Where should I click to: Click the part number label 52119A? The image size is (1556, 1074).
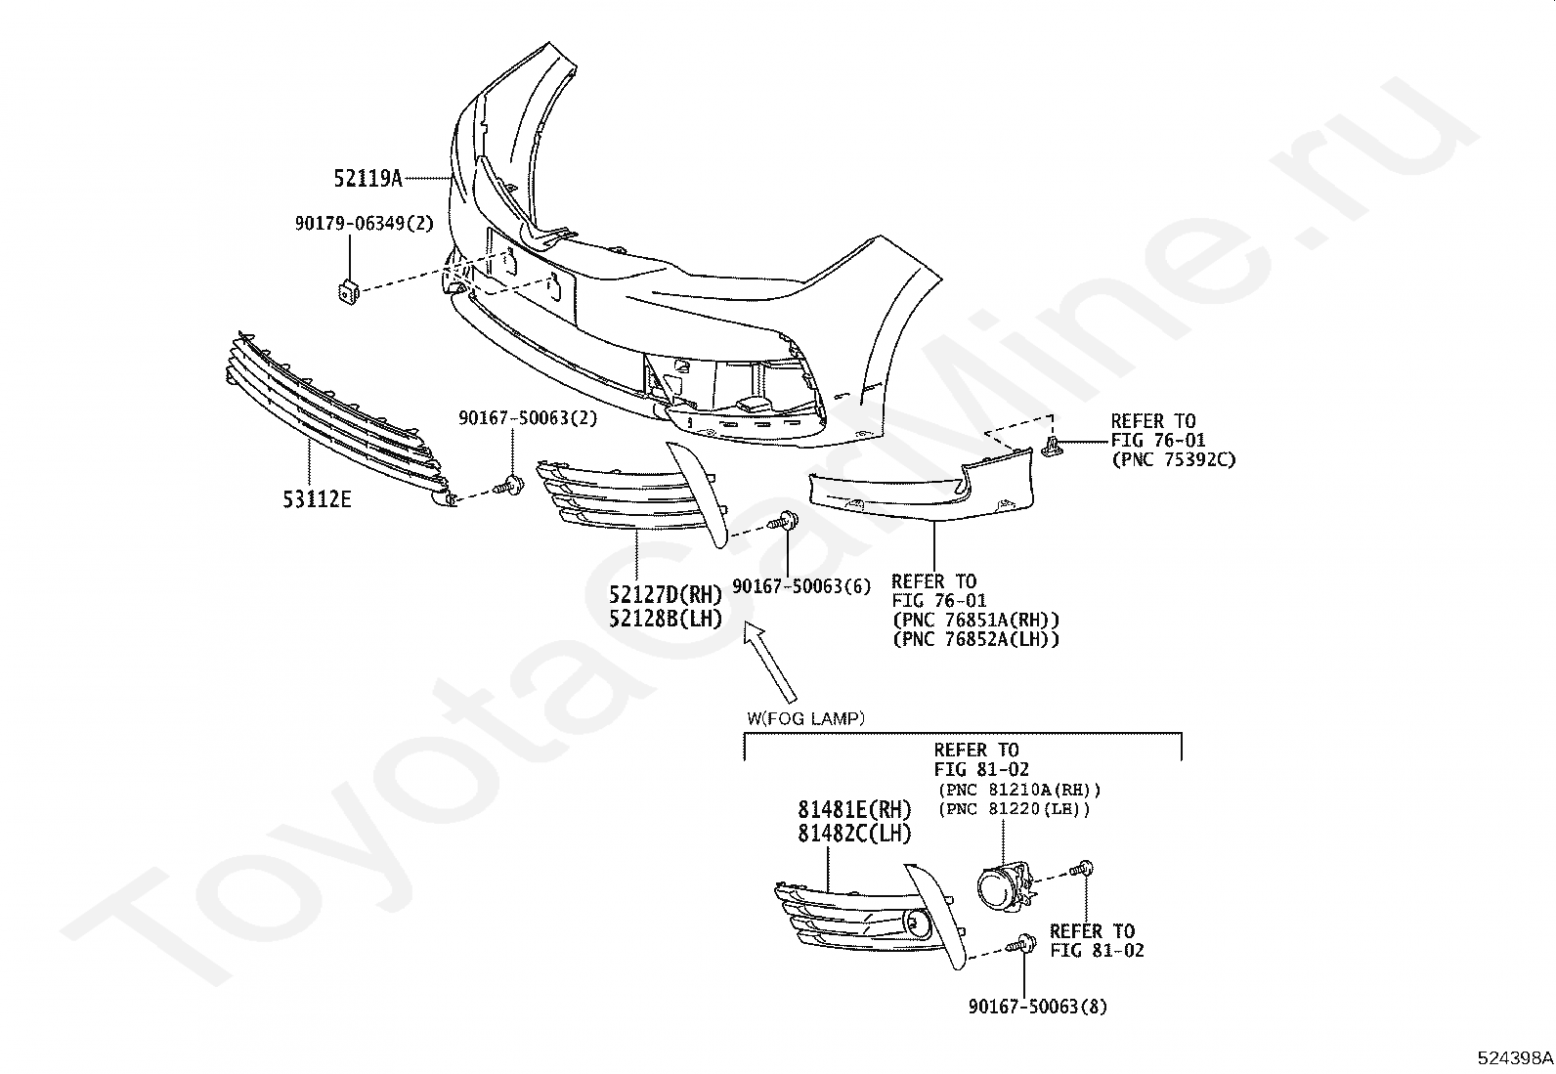coord(368,179)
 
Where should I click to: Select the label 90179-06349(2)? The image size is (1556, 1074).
coord(364,224)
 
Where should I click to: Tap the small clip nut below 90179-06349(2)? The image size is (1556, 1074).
coord(349,290)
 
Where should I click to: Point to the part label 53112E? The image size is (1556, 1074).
coord(317,498)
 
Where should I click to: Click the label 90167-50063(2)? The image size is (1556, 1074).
coord(528,418)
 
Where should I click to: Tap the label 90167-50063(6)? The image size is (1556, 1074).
coord(801,586)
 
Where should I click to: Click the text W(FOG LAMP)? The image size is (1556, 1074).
coord(805,718)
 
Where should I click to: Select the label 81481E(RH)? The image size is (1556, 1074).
coord(853,810)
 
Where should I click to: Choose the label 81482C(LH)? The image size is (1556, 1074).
coord(853,834)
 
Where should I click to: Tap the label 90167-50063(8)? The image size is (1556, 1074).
coord(1038,1007)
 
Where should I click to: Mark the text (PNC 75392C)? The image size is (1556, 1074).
coord(1173,460)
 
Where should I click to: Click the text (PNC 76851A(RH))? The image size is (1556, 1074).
coord(976,619)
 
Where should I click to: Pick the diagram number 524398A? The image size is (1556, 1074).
coord(1514,1058)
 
